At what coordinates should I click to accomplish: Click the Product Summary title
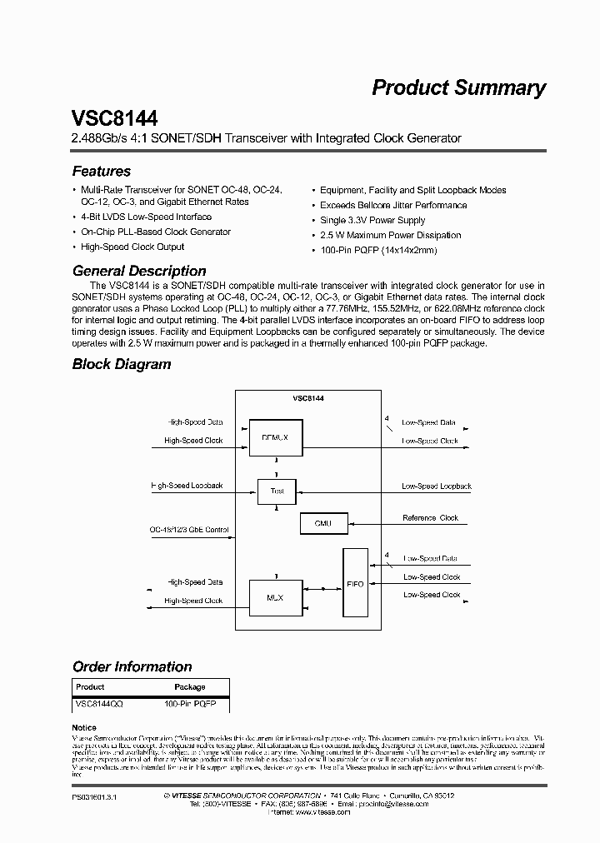(458, 87)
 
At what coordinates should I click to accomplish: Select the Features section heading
(102, 172)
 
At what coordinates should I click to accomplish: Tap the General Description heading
(139, 271)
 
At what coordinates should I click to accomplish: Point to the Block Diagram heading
(122, 364)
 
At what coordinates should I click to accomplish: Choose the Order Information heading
(132, 666)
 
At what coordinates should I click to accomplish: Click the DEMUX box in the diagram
(275, 436)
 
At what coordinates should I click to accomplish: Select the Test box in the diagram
(277, 491)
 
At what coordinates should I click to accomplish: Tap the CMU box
(323, 523)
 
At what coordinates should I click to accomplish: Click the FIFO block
(356, 584)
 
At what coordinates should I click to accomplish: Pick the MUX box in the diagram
(275, 596)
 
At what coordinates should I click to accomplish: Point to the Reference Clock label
(430, 518)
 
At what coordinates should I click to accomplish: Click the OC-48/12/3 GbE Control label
(188, 530)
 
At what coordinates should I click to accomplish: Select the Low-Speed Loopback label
(436, 486)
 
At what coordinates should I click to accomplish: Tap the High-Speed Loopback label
(187, 485)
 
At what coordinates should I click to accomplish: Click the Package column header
(189, 687)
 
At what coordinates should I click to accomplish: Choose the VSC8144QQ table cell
(99, 704)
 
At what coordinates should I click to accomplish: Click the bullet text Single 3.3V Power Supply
(372, 220)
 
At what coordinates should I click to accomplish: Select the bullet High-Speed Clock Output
(132, 247)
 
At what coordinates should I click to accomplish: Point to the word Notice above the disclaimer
(84, 728)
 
